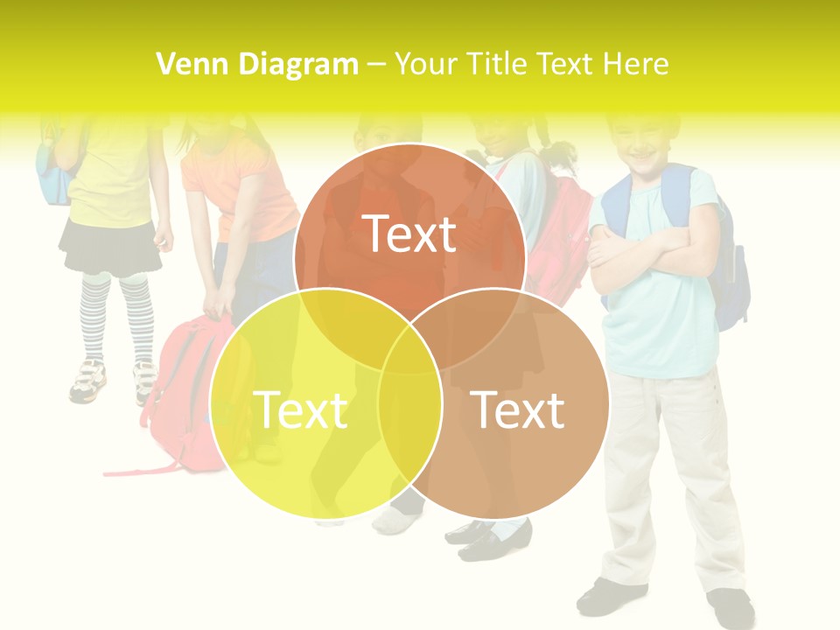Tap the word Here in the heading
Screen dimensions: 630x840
point(639,64)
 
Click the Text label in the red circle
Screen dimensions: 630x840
point(409,234)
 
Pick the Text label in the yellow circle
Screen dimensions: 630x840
point(300,409)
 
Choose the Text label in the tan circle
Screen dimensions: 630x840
point(518,409)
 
